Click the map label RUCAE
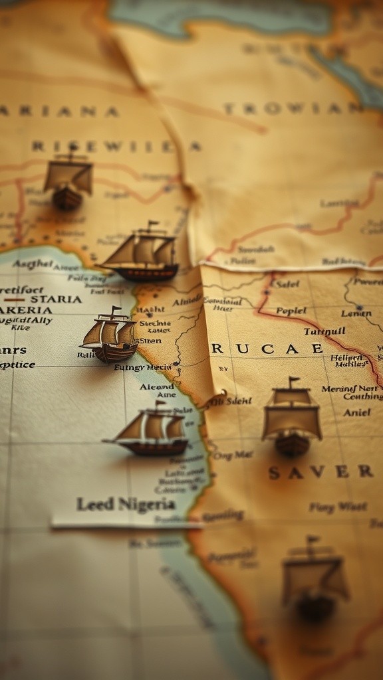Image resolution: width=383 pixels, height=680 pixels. click(267, 349)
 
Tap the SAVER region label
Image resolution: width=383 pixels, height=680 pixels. click(320, 472)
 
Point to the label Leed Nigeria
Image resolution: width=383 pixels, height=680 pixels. click(126, 504)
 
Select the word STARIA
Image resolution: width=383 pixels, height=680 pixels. click(56, 299)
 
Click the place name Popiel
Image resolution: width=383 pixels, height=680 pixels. click(291, 311)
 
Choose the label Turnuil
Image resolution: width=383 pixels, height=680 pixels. click(324, 331)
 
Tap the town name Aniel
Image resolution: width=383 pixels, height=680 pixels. click(357, 412)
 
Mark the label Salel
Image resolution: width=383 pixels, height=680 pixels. click(287, 284)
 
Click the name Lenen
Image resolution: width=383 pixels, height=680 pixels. click(356, 313)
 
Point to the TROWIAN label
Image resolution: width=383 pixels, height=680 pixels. click(293, 108)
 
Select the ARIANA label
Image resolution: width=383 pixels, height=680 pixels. click(60, 112)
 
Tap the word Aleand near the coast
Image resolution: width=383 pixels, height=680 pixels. click(156, 386)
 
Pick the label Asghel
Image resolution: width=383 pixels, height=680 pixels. click(33, 264)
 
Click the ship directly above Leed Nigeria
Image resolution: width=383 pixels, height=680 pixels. click(150, 430)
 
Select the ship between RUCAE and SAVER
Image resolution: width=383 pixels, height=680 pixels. click(291, 418)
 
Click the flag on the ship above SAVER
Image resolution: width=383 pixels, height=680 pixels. click(294, 381)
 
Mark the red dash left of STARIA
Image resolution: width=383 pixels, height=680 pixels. click(15, 299)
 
